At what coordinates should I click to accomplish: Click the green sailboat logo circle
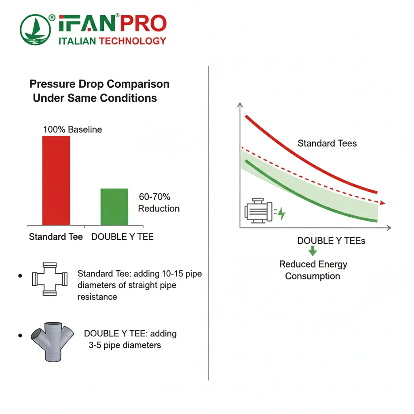36,30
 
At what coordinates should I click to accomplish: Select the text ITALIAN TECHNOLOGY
112,41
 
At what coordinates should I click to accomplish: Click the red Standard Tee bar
56,180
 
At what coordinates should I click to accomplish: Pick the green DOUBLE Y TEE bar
114,207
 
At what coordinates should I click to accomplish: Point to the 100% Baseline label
72,130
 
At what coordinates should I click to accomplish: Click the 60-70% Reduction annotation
158,203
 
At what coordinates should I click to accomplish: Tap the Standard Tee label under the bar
56,237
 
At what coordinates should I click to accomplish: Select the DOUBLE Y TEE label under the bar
123,237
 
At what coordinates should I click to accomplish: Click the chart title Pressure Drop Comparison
99,84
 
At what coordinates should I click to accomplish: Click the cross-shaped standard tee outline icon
49,279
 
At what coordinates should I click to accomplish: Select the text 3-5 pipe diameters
125,345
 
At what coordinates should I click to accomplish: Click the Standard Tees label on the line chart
327,143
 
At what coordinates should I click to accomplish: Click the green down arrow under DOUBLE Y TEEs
313,252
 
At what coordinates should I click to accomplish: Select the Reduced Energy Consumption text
313,270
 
